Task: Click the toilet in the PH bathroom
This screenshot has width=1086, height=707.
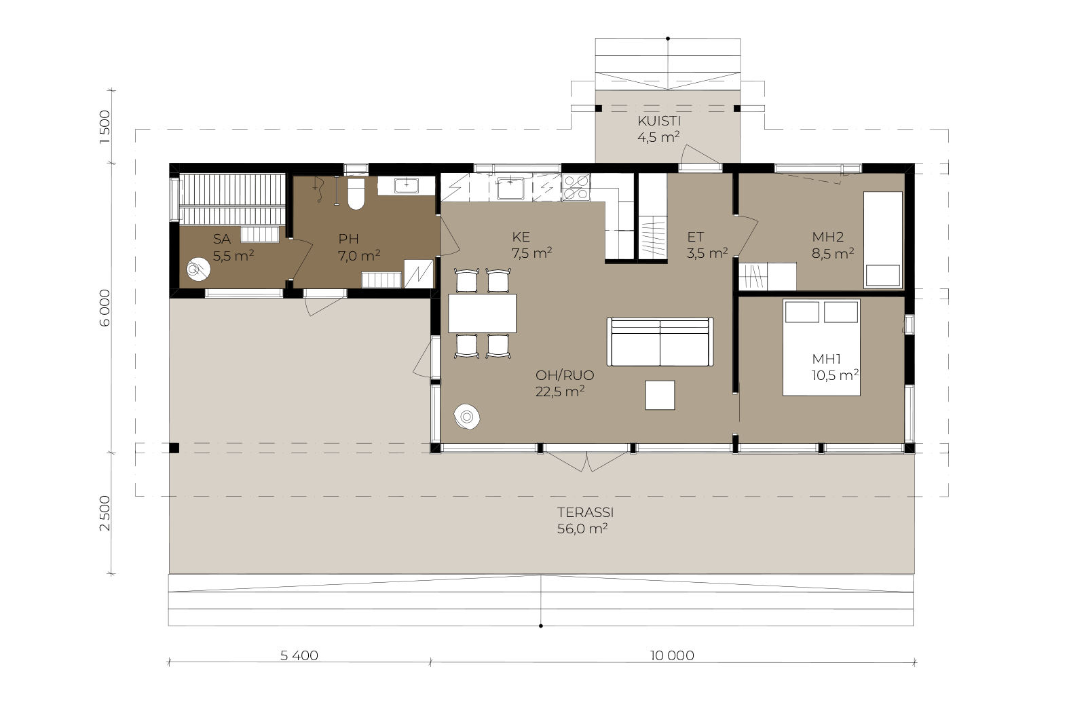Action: [356, 194]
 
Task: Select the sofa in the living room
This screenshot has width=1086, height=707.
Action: [660, 342]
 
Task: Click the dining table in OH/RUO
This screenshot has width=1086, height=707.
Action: [482, 313]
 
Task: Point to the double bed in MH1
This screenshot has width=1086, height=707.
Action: [821, 347]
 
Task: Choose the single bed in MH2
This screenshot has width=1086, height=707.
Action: [883, 240]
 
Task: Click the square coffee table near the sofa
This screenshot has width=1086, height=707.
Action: [660, 395]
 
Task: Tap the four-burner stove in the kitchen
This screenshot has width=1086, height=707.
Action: [576, 187]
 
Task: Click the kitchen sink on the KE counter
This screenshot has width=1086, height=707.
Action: [510, 188]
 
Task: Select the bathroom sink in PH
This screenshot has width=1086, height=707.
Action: [407, 185]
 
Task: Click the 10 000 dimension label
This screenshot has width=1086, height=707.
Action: [672, 655]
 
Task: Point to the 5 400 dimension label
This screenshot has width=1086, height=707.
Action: [299, 655]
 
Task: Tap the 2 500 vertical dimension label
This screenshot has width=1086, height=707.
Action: [105, 513]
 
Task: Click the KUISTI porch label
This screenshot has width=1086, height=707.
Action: [659, 121]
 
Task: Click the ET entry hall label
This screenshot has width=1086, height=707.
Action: [695, 237]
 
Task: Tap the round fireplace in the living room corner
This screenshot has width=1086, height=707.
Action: [467, 416]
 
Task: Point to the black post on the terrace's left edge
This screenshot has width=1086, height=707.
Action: [174, 448]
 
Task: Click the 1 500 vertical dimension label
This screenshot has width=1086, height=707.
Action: [105, 127]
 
